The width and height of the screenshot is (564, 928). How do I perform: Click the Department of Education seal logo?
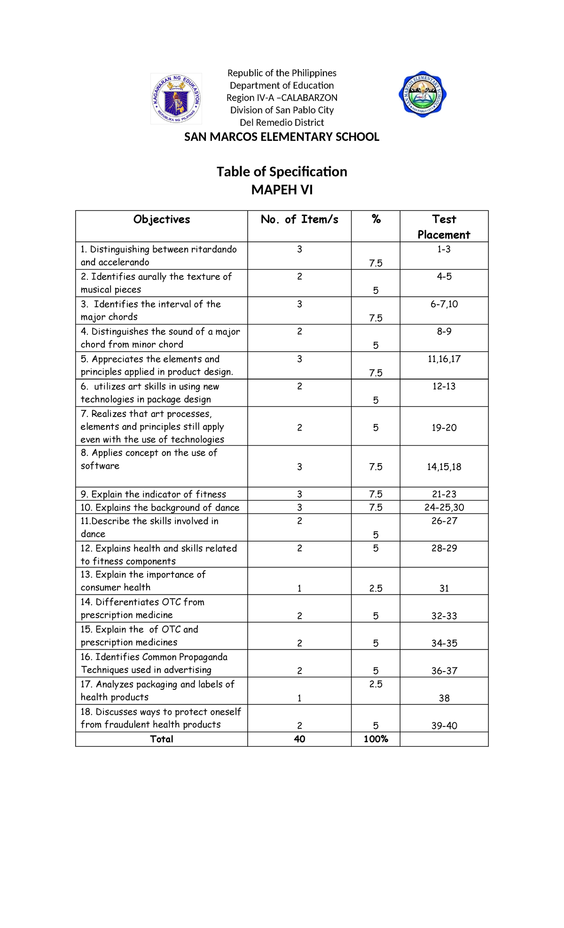176,99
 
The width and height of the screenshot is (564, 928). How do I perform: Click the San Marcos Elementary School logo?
422,95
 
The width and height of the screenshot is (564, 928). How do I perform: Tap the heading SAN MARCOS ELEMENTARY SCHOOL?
282,137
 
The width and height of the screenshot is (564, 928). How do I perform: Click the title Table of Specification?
282,172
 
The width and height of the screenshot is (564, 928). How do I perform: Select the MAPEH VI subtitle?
282,190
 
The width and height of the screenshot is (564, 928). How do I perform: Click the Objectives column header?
162,220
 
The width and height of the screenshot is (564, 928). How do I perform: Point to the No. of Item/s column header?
299,220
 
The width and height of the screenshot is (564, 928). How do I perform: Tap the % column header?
376,220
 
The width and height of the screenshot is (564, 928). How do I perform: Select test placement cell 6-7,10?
444,304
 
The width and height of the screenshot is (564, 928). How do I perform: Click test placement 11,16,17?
444,359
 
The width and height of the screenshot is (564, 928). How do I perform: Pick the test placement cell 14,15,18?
444,467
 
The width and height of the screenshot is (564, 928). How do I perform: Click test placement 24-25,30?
444,508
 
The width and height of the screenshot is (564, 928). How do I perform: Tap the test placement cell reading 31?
444,588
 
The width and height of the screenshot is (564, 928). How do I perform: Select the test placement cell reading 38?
444,698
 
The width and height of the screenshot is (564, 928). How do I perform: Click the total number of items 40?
299,739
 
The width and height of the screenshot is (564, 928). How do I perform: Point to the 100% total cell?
376,739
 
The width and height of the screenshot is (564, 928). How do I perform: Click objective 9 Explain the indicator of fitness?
153,495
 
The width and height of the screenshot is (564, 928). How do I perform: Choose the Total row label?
162,739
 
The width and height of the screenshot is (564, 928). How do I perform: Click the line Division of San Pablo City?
282,110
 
